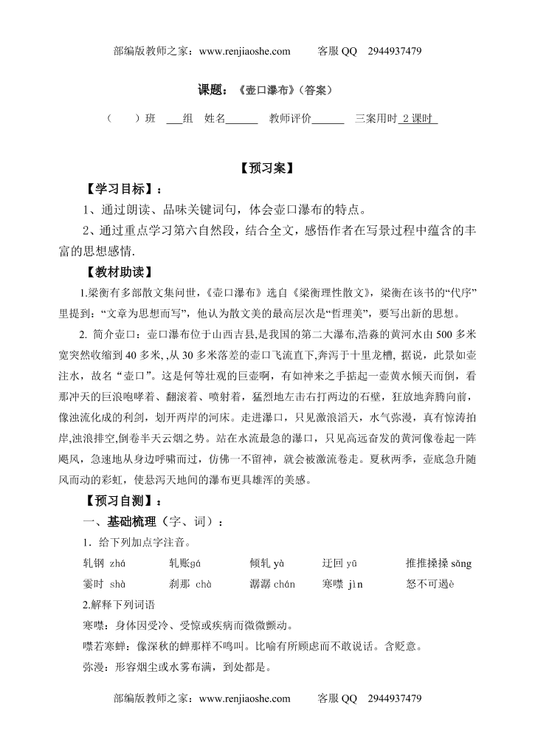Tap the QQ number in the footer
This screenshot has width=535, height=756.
point(393,698)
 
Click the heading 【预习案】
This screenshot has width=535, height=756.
point(267,168)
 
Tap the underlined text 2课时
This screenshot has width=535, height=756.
point(418,118)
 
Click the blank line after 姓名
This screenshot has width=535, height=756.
point(241,118)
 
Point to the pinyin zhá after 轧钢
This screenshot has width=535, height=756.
point(117,564)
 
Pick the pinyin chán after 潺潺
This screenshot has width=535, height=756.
point(284,585)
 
